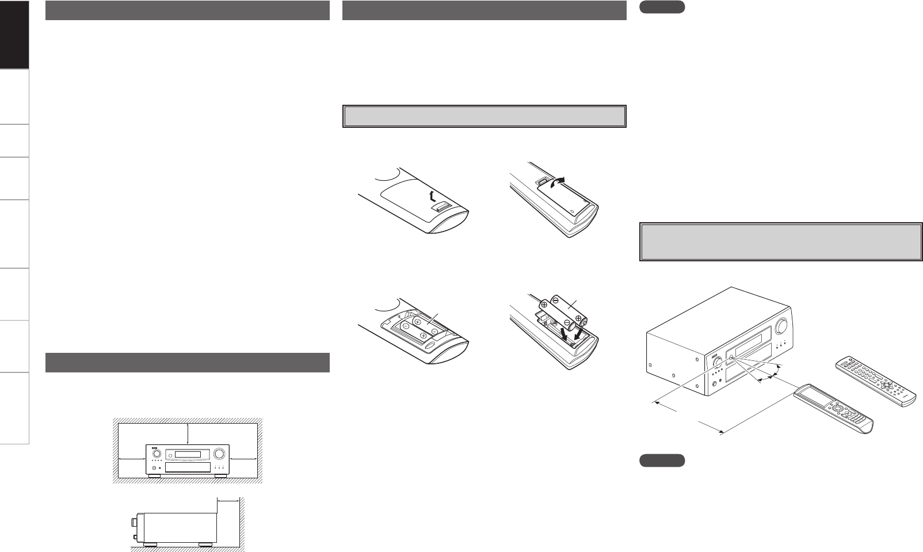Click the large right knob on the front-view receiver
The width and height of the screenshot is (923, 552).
pyautogui.click(x=219, y=453)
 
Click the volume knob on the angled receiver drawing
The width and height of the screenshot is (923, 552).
pyautogui.click(x=781, y=327)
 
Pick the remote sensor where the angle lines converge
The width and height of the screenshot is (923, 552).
pyautogui.click(x=732, y=358)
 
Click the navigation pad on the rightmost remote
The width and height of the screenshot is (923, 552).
pyautogui.click(x=887, y=383)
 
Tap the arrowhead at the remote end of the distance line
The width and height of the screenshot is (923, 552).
pyautogui.click(x=720, y=431)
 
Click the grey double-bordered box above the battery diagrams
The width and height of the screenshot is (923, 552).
pyautogui.click(x=484, y=116)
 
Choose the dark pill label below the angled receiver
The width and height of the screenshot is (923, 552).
pyautogui.click(x=662, y=460)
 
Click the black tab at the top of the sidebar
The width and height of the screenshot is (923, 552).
pyautogui.click(x=14, y=35)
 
